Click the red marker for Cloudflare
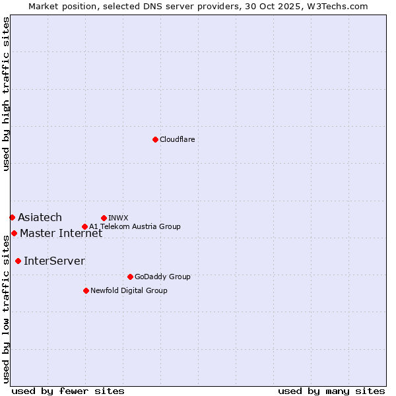click(x=155, y=139)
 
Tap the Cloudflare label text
click(x=177, y=139)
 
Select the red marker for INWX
click(x=104, y=218)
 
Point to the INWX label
click(x=118, y=218)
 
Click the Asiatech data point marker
click(x=12, y=217)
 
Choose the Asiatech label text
click(x=40, y=217)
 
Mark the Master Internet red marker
click(x=14, y=233)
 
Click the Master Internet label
click(x=61, y=233)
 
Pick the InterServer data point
click(x=18, y=261)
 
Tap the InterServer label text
click(x=54, y=261)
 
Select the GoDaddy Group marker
click(x=130, y=277)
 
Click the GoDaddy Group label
click(x=162, y=277)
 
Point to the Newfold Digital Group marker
click(x=86, y=290)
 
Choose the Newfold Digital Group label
click(x=129, y=290)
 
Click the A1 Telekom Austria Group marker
click(x=84, y=226)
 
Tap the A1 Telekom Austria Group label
click(x=135, y=226)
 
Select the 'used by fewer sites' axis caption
click(x=68, y=391)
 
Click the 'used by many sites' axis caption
click(x=331, y=391)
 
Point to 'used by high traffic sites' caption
click(x=6, y=94)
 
